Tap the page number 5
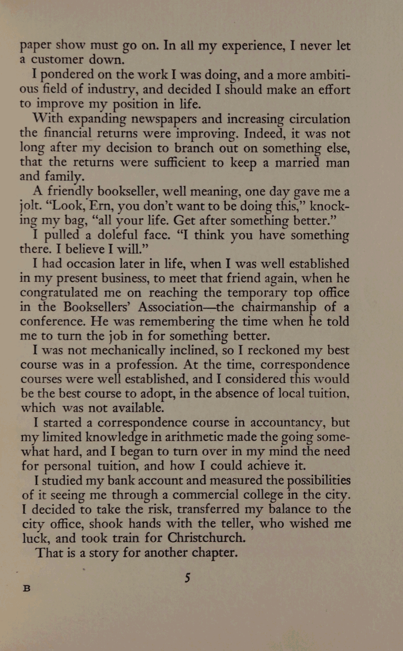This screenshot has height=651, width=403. click(187, 578)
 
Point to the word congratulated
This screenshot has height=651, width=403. click(59, 293)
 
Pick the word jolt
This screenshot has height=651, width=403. click(29, 206)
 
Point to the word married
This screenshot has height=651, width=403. click(297, 162)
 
